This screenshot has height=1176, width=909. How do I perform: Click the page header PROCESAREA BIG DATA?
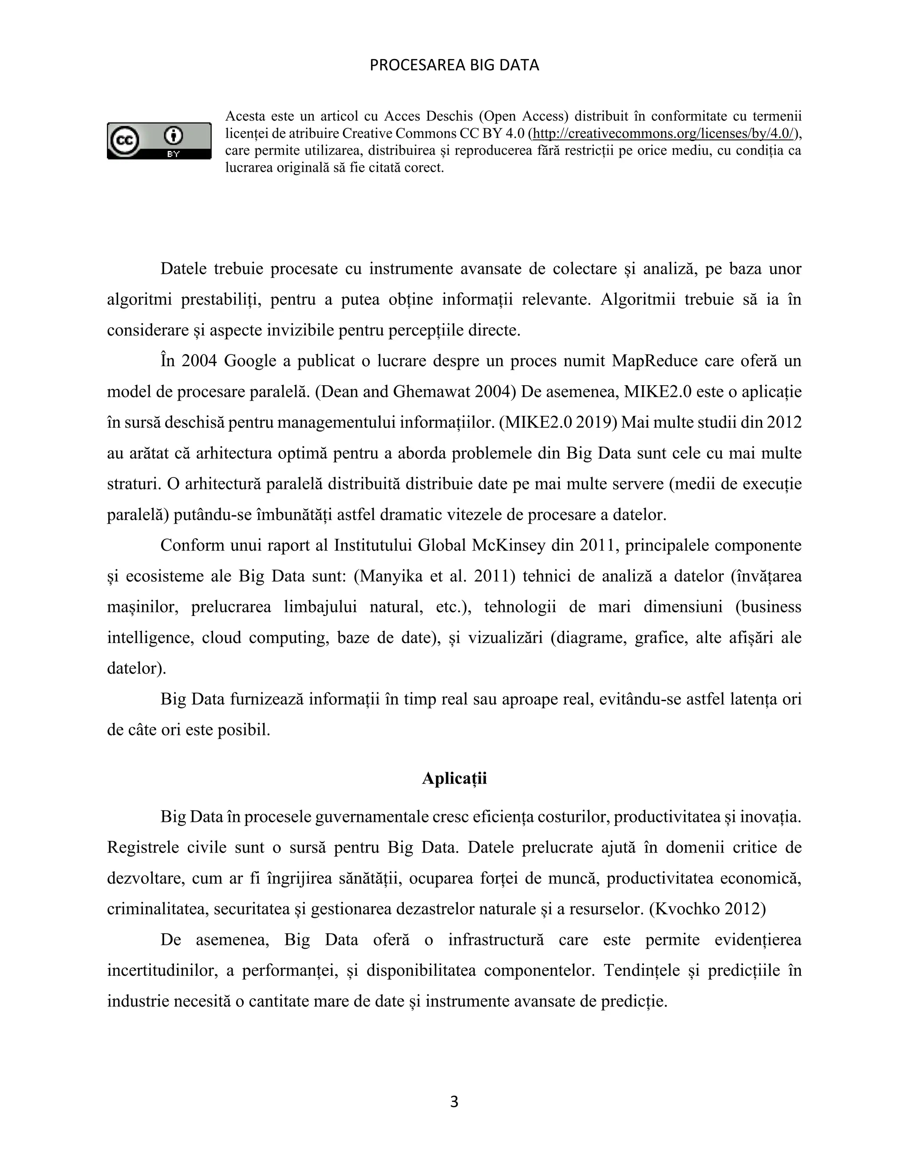[454, 65]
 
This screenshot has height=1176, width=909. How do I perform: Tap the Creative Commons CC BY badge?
[159, 141]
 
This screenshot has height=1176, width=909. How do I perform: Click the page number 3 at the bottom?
[454, 1102]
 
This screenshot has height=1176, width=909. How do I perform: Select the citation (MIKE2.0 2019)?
[558, 422]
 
